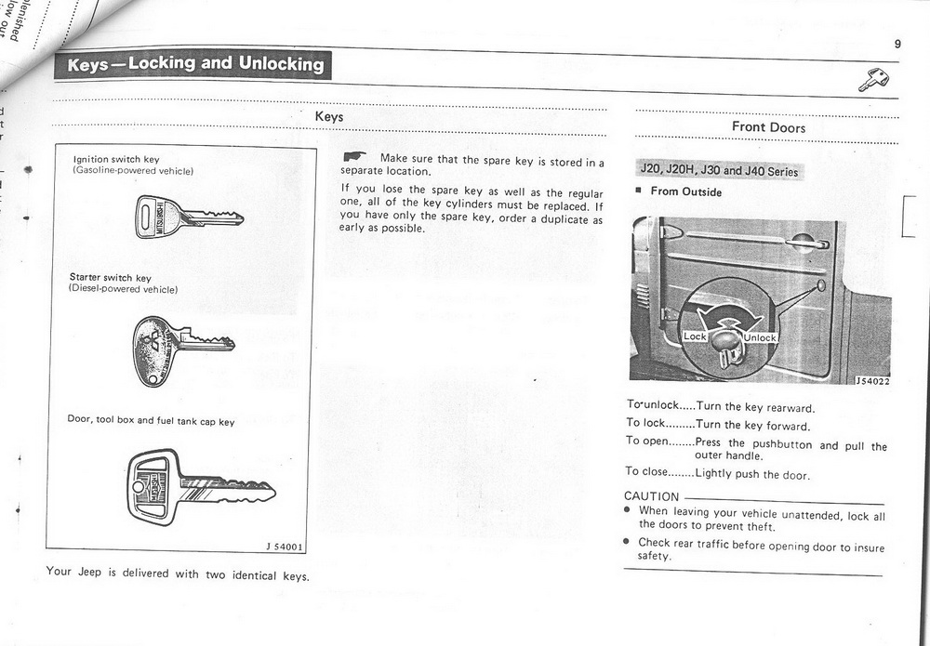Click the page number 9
[x=897, y=44]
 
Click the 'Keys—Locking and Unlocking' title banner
[x=195, y=64]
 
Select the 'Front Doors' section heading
[x=768, y=127]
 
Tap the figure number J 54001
[x=285, y=547]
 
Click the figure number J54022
[x=872, y=381]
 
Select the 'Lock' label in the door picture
[x=696, y=336]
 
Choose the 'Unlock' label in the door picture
[x=759, y=337]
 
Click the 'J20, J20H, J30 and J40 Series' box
[x=719, y=171]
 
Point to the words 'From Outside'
[x=685, y=192]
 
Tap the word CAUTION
[x=651, y=496]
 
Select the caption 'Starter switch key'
[x=110, y=278]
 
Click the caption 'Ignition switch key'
[x=116, y=160]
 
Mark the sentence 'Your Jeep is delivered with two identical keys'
[x=178, y=574]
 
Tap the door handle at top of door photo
[x=804, y=244]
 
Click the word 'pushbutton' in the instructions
[x=781, y=444]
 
